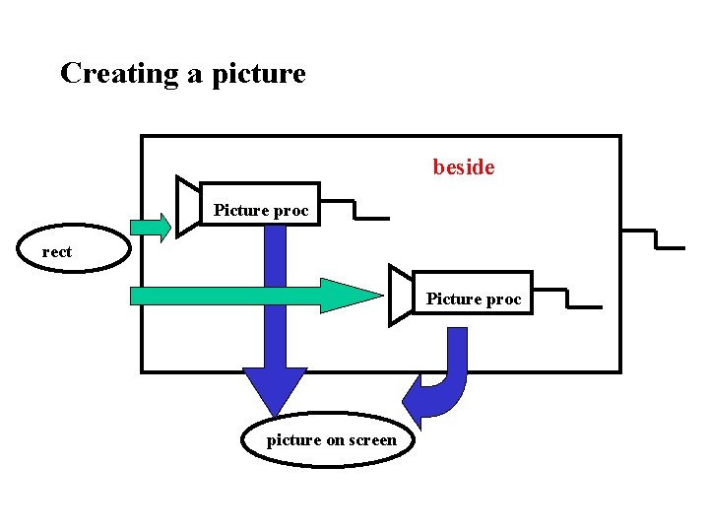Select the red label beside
[464, 167]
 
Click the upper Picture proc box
[260, 204]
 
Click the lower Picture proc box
[473, 293]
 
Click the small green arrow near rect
[151, 227]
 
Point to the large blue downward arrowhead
[275, 389]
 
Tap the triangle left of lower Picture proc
[400, 294]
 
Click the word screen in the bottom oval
[373, 440]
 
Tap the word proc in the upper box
[291, 211]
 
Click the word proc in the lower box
[504, 299]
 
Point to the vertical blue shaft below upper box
[275, 296]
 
